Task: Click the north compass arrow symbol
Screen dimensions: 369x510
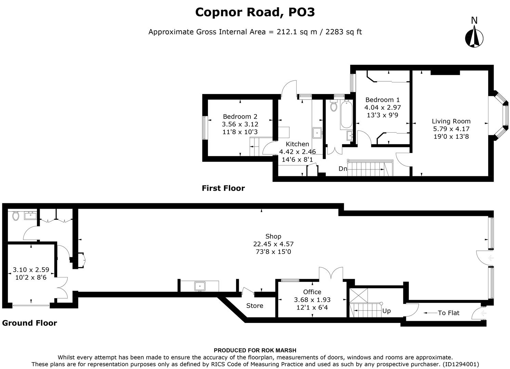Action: (474, 37)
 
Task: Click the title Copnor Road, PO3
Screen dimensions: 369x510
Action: (255, 12)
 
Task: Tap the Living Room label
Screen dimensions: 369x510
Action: (451, 121)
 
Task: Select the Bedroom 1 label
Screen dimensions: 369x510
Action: (382, 100)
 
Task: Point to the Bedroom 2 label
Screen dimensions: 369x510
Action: (240, 117)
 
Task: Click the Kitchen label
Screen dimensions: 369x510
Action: (297, 144)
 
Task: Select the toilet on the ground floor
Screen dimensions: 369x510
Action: (15, 216)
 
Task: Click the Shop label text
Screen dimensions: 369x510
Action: (273, 236)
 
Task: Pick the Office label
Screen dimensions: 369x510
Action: (312, 292)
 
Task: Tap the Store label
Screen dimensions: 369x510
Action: (254, 306)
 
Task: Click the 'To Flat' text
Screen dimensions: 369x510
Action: (448, 313)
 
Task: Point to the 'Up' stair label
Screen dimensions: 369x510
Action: (387, 311)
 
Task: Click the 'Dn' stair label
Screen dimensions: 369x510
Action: (343, 169)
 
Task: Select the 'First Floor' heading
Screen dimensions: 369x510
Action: (223, 188)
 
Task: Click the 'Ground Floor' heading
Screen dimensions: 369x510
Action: (29, 323)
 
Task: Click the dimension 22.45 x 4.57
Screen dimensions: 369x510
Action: (273, 244)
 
